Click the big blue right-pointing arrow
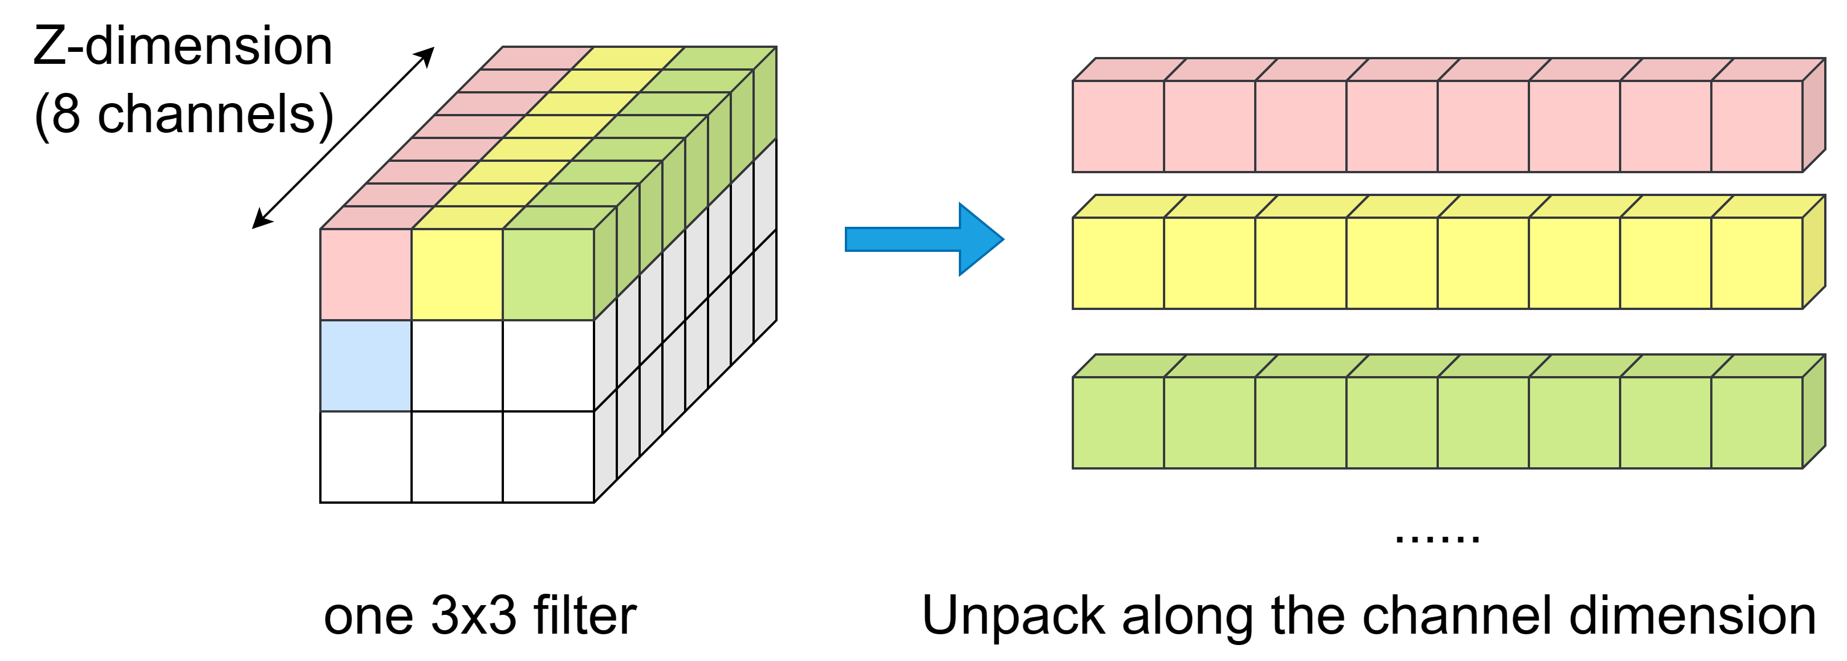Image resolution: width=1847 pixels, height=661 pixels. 925,239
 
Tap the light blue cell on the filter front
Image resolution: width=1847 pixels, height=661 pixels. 365,366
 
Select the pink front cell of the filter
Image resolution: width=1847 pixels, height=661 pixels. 365,274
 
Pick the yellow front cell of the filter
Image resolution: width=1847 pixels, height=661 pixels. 457,274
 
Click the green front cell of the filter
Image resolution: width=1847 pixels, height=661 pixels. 548,274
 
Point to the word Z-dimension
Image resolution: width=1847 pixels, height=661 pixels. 183,46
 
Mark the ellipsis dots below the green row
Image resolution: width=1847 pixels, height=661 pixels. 1437,538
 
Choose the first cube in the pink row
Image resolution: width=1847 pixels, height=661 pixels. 1118,126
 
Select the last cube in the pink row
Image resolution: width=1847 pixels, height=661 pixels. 1757,126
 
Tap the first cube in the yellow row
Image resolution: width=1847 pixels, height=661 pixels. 1118,263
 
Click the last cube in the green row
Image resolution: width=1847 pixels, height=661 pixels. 1757,422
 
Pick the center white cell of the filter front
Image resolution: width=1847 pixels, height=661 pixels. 457,366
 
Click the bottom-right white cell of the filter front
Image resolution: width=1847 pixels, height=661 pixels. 548,456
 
